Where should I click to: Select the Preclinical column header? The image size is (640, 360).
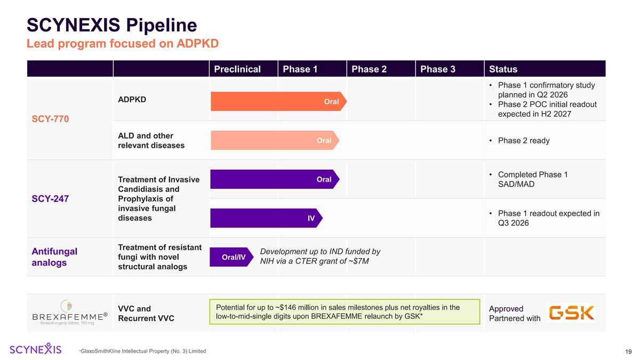point(237,69)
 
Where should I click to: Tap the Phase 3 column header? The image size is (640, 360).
point(438,69)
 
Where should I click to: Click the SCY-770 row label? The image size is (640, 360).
point(50,119)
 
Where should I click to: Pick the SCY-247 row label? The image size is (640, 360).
point(50,199)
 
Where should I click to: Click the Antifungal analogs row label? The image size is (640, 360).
point(54,257)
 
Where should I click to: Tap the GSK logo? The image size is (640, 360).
point(571,313)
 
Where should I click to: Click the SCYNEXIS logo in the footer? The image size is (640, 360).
point(36,349)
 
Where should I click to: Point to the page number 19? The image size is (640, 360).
point(628,351)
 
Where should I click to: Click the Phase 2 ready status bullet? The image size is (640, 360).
point(523,141)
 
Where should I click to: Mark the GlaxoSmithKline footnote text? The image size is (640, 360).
point(142,351)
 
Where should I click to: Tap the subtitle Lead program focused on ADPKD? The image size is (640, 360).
point(123,43)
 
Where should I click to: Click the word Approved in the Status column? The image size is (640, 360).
point(506,309)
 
